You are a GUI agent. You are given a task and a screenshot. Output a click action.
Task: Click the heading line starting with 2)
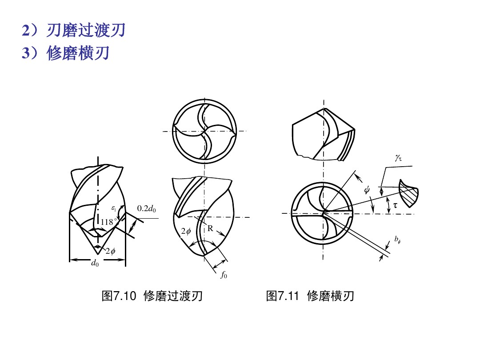73,30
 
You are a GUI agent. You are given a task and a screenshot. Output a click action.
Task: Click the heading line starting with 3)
65,53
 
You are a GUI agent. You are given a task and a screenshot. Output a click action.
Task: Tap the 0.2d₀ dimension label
146,208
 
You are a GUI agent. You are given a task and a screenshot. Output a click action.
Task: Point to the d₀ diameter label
95,263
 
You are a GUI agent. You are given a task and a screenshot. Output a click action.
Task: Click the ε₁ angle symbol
114,208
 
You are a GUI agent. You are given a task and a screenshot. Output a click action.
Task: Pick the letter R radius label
210,228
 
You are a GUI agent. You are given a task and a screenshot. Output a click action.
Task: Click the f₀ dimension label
224,275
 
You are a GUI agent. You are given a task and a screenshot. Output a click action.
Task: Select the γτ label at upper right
398,158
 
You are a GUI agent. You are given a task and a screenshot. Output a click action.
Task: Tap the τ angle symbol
395,205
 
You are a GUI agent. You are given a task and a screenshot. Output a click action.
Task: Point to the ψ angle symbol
367,190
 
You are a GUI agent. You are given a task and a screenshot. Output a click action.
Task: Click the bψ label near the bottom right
397,240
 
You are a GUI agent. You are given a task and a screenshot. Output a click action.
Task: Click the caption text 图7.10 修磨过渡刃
152,296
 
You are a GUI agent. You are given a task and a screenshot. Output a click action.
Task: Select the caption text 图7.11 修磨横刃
310,296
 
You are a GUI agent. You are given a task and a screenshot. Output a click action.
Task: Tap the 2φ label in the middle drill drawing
186,231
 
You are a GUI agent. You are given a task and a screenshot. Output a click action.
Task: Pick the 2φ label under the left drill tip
110,251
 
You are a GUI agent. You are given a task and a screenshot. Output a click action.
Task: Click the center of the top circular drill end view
204,131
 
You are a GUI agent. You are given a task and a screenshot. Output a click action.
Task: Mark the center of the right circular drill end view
322,213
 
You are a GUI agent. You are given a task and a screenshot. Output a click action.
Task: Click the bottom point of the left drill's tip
98,254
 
